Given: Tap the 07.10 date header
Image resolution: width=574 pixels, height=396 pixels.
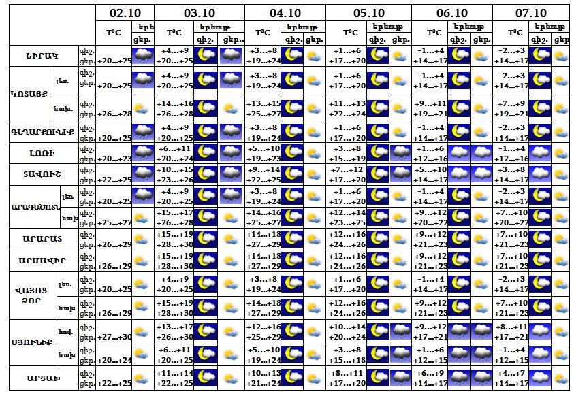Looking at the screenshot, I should point(531,12).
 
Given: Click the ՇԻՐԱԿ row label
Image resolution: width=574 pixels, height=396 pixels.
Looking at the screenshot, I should point(42,56).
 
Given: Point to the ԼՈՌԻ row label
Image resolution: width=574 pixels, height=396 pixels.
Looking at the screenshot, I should point(42,153).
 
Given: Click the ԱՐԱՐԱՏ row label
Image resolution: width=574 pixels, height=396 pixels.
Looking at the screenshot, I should point(42,239).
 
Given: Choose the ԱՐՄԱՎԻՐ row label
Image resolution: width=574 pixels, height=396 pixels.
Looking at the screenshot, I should point(42,261).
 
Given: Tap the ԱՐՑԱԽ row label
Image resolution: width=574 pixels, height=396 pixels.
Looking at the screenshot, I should point(42,378).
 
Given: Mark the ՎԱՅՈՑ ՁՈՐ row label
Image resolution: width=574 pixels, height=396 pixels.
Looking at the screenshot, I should point(31,293).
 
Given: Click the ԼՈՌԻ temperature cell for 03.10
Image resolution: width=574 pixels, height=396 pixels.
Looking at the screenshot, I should point(174,153).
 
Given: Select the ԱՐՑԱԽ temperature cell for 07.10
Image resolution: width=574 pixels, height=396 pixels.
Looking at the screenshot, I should point(511,378).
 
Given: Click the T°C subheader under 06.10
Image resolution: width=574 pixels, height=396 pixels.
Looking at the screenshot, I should point(434,33).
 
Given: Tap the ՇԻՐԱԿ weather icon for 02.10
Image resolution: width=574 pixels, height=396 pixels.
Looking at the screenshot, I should point(143,56).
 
